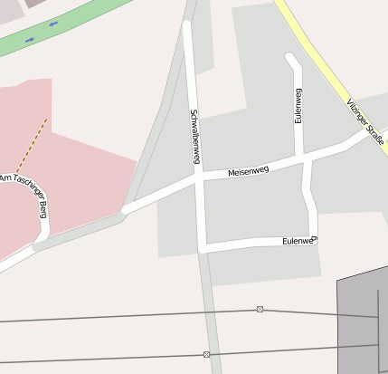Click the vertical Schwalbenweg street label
[194, 137]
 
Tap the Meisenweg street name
[248, 169]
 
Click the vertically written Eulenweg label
[298, 105]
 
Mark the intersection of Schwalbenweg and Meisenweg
[199, 179]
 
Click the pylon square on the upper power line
[260, 310]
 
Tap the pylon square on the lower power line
[207, 354]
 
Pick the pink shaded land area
[63, 172]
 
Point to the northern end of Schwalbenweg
[187, 24]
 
